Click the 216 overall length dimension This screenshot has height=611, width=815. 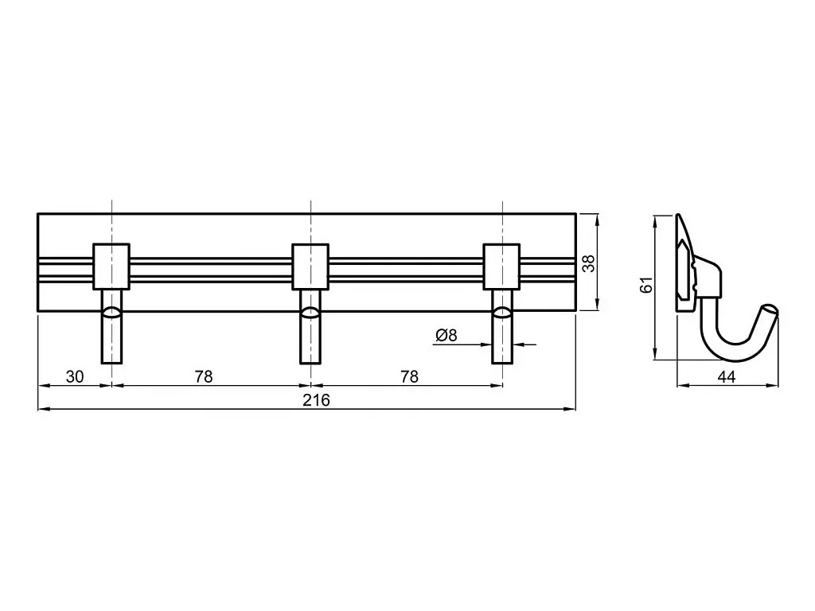pyautogui.click(x=317, y=400)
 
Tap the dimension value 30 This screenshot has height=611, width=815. pyautogui.click(x=75, y=376)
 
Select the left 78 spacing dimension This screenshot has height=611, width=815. pyautogui.click(x=204, y=376)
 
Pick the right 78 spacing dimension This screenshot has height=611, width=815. pyautogui.click(x=410, y=376)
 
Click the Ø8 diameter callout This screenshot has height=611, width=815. pyautogui.click(x=446, y=336)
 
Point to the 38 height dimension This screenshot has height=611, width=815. pyautogui.click(x=588, y=263)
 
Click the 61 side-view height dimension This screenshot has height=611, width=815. pyautogui.click(x=646, y=285)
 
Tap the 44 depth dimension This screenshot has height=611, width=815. pyautogui.click(x=726, y=376)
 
